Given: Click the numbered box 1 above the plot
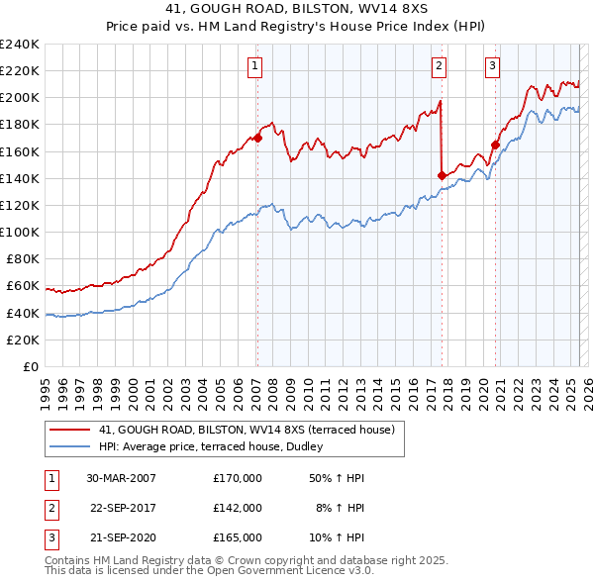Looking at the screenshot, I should click(255, 66).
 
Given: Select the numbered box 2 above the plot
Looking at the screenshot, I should click(439, 66).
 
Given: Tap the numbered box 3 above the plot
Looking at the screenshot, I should click(492, 66).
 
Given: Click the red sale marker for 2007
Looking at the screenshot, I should click(257, 138).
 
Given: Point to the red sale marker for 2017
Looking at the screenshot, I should click(442, 175).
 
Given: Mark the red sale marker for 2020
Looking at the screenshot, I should click(494, 145).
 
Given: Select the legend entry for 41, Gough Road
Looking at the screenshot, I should click(247, 430).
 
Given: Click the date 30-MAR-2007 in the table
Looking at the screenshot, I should click(121, 478).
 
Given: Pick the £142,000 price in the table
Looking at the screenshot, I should click(238, 508).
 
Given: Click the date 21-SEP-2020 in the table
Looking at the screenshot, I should click(121, 537).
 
